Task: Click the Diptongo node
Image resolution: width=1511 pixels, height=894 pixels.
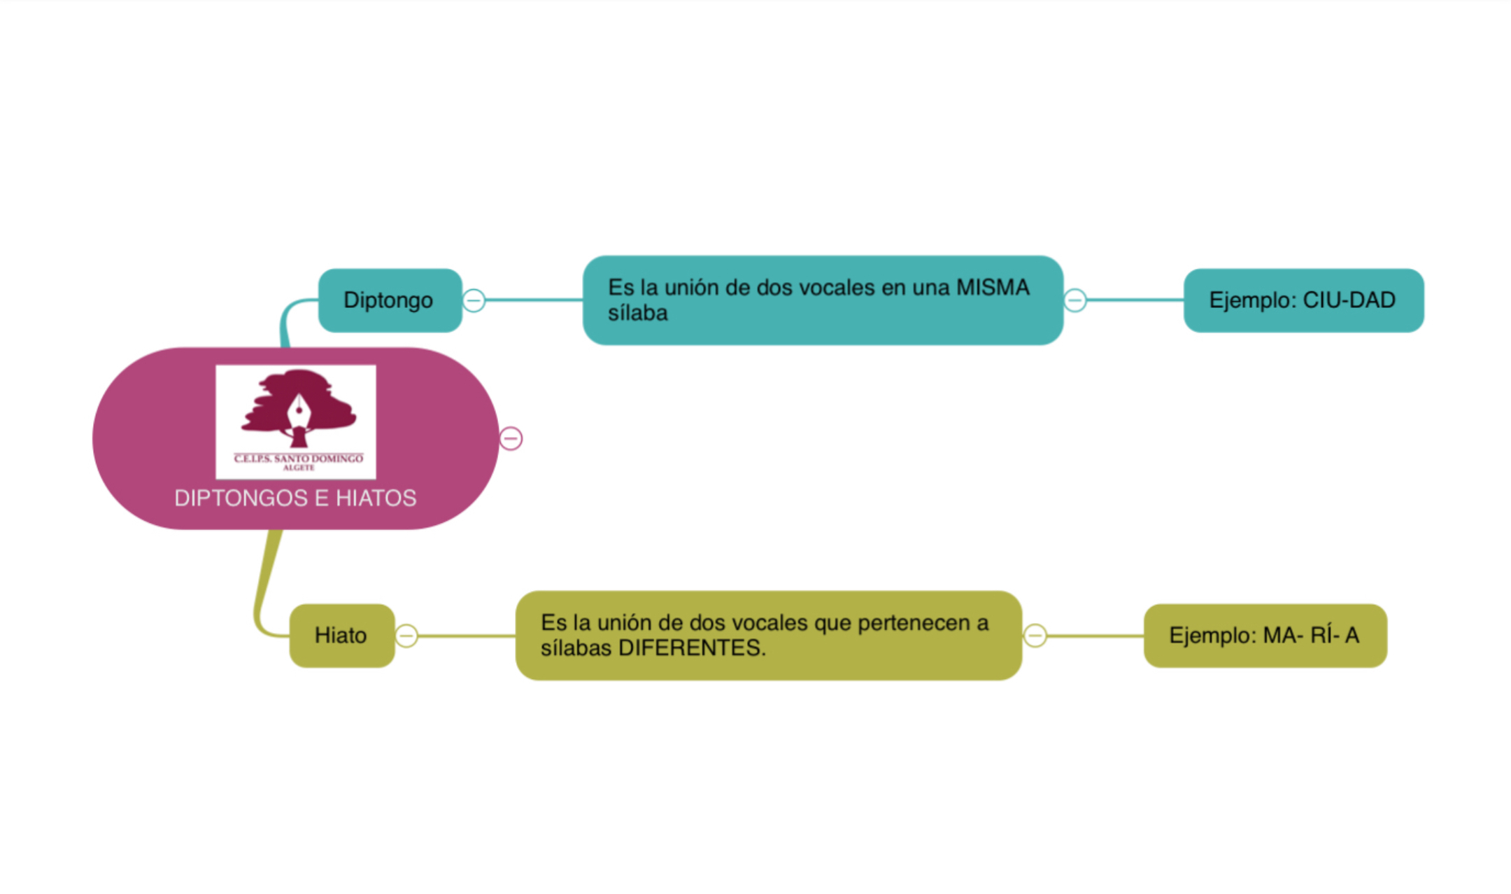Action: [x=389, y=300]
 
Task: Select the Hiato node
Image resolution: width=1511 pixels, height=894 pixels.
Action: [x=341, y=635]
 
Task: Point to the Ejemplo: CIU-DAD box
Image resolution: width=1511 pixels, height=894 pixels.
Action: [x=1303, y=300]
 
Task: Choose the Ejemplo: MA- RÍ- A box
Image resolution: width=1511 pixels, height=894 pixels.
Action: [x=1264, y=635]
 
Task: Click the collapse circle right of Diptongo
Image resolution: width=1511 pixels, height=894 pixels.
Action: [x=474, y=300]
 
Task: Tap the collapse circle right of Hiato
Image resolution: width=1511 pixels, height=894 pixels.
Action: [x=406, y=636]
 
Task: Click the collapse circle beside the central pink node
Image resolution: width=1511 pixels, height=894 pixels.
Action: [x=511, y=438]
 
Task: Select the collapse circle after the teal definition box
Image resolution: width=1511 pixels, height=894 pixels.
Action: [x=1075, y=300]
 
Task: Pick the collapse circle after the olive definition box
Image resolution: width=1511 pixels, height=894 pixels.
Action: [x=1035, y=636]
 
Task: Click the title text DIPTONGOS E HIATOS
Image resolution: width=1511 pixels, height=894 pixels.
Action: [x=295, y=498]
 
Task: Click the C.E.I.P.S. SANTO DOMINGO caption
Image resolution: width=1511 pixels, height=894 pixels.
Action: [x=298, y=459]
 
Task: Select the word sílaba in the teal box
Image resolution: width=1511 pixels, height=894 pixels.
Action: [x=637, y=313]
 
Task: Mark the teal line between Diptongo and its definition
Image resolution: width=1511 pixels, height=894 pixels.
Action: [x=534, y=300]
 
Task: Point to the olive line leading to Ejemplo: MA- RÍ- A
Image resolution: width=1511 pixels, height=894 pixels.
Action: [x=1095, y=636]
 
